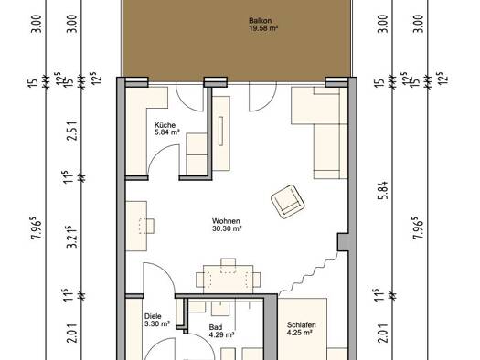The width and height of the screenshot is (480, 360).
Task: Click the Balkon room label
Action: point(260,21)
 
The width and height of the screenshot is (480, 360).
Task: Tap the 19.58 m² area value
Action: point(263,28)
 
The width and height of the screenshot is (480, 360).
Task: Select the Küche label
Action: point(165,125)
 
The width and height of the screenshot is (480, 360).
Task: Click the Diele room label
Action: point(153,316)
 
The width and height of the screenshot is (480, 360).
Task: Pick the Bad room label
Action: point(216,327)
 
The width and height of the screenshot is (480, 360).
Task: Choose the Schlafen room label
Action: point(301,325)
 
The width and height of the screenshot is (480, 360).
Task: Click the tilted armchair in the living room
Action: point(287,202)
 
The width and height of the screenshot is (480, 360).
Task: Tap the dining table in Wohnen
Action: point(228,280)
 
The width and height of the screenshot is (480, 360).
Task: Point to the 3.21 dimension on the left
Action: point(72,237)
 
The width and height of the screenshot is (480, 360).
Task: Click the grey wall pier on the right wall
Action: point(343,242)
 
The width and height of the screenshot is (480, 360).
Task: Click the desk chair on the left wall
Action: point(146,226)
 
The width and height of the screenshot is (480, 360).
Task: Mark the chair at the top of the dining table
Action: point(228,262)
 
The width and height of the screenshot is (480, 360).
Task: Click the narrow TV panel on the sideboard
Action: point(220,132)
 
